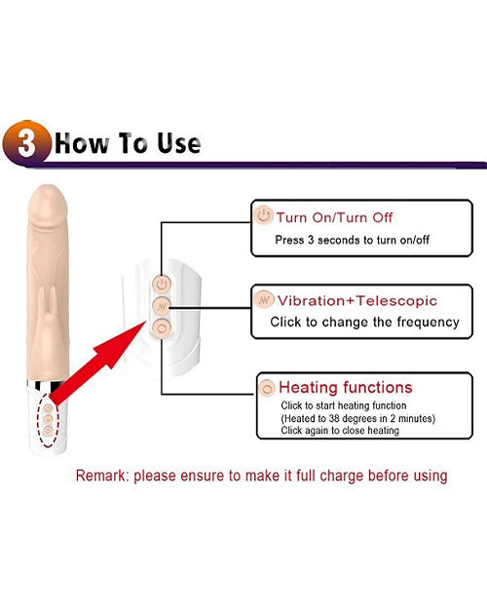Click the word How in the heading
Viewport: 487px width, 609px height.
click(x=77, y=144)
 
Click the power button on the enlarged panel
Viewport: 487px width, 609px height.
click(x=162, y=284)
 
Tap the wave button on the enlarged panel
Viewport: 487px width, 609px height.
click(x=162, y=306)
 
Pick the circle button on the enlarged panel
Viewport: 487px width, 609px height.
click(x=162, y=328)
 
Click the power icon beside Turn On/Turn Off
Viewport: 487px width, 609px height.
click(x=264, y=216)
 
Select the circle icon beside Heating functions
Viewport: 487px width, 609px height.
click(x=267, y=388)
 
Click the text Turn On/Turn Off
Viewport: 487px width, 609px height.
click(x=334, y=217)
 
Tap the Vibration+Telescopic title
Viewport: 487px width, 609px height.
click(x=357, y=301)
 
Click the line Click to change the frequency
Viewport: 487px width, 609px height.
click(x=363, y=322)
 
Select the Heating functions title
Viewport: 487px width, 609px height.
click(x=345, y=388)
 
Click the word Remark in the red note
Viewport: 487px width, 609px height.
click(x=101, y=476)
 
